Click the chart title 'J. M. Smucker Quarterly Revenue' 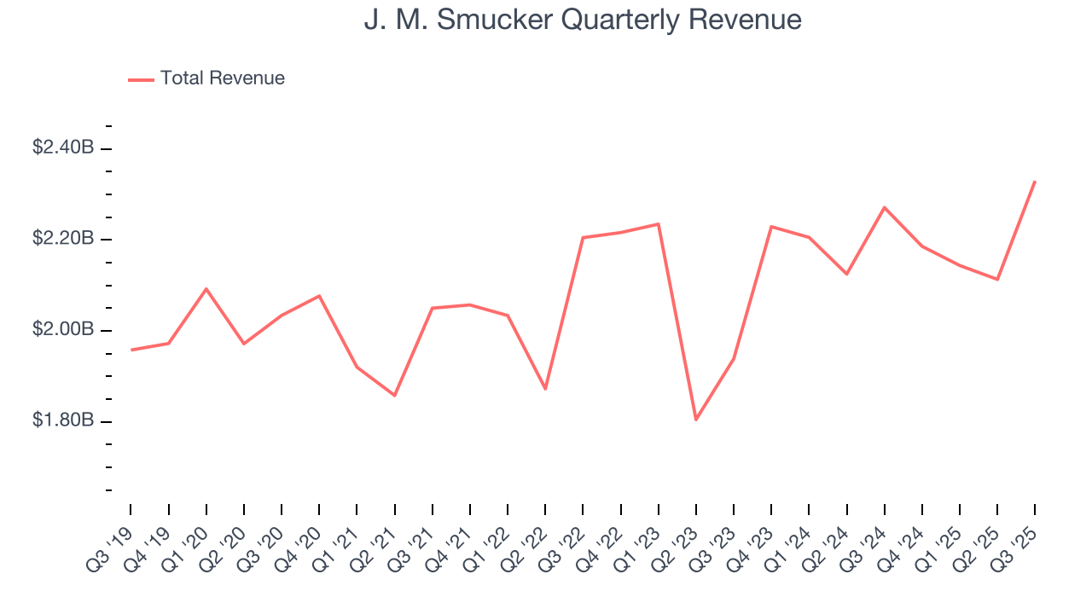click(583, 20)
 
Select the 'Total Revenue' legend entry click(222, 78)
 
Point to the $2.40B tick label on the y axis click(63, 148)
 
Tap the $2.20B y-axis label click(63, 239)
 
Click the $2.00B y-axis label click(63, 330)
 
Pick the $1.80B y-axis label click(63, 421)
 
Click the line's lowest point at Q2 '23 click(696, 420)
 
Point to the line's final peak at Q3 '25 click(1035, 181)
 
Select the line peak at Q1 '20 click(206, 288)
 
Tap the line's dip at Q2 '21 click(395, 396)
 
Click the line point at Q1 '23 click(659, 223)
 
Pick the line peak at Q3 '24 click(885, 207)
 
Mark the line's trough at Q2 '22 click(545, 389)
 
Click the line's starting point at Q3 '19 click(131, 350)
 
